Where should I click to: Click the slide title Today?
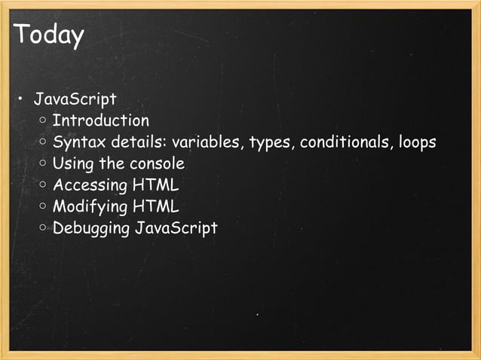point(48,35)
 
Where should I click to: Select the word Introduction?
point(101,121)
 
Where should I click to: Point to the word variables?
point(207,142)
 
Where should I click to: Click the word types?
point(270,142)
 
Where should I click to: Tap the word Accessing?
point(90,185)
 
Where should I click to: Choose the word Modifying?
point(90,206)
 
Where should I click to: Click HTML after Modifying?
point(155,206)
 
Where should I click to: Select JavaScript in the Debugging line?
point(176,227)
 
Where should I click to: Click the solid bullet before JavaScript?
point(21,99)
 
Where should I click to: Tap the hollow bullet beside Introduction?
point(44,121)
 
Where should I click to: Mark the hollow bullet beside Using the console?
point(44,163)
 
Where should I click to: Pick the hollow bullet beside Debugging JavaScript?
point(44,227)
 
